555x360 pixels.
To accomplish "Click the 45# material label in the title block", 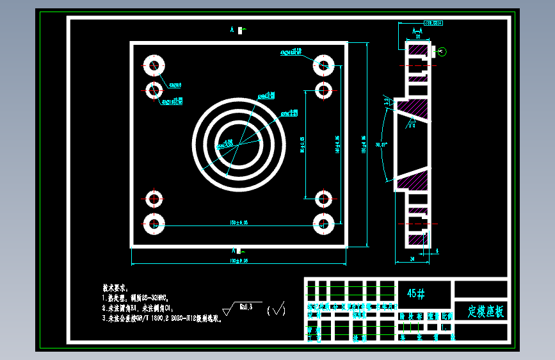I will (415, 293).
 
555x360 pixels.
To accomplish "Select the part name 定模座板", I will (485, 312).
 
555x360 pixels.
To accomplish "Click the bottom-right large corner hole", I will (323, 224).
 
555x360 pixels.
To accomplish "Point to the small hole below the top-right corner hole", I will (323, 88).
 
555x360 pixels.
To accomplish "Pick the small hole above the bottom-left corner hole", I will (154, 199).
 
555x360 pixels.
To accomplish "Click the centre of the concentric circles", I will (239, 144).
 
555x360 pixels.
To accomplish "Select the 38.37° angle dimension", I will (382, 145).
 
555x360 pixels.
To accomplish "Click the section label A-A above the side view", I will (417, 31).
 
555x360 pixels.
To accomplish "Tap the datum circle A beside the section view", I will (442, 52).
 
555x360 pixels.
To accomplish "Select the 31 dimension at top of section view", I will (417, 38).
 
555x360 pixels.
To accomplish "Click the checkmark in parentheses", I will (277, 311).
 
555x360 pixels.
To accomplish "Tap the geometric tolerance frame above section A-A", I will (428, 23).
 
